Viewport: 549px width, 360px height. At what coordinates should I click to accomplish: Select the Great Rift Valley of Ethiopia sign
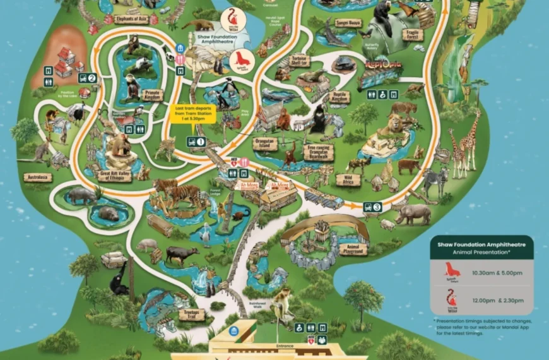[115, 175]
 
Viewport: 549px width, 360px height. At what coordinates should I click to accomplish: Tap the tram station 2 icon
[87, 78]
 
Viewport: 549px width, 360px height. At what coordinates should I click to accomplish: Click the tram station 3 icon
[372, 207]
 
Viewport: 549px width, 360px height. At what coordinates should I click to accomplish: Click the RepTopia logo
[384, 66]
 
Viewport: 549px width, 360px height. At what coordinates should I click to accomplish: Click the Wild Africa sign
[348, 180]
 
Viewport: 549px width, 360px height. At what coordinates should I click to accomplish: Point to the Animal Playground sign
[352, 249]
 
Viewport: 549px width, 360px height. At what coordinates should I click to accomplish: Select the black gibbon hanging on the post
[118, 277]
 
